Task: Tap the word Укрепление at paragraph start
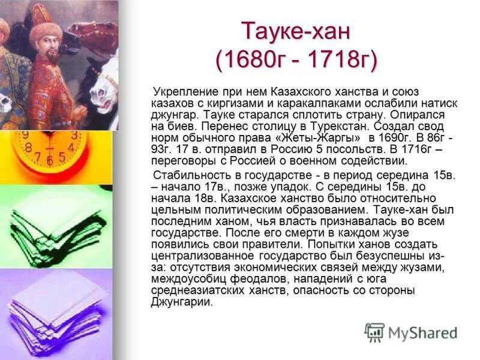coord(182,92)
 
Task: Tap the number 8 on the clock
coord(28,147)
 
